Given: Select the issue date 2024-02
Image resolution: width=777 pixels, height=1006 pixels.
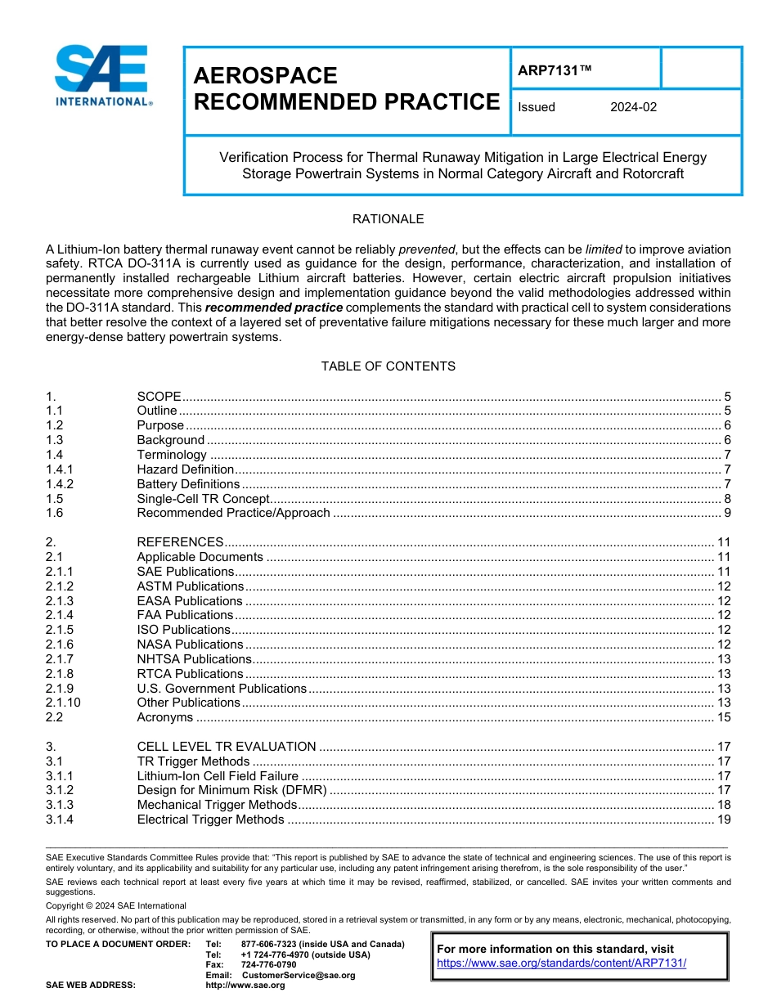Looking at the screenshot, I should click(x=633, y=107).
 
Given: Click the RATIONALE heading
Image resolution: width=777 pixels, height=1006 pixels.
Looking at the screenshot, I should click(x=388, y=219).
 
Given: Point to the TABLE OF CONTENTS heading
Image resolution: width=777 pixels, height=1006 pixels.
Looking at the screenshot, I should click(x=388, y=366).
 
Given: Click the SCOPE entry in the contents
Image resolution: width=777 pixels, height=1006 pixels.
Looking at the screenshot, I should click(x=159, y=396).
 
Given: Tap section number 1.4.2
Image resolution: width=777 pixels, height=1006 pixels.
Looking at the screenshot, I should click(x=60, y=484).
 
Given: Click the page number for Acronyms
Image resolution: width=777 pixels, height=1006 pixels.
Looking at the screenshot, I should click(x=723, y=717).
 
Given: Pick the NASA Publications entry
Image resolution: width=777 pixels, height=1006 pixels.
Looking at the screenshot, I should click(x=190, y=644).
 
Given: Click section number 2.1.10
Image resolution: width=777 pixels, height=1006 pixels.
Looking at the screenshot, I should click(x=63, y=703).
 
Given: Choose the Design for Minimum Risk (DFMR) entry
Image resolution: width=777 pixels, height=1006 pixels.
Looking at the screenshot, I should click(x=231, y=790).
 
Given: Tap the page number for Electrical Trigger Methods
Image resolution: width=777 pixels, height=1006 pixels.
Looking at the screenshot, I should click(x=723, y=820).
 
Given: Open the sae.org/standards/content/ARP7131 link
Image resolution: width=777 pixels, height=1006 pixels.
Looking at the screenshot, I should click(x=561, y=963).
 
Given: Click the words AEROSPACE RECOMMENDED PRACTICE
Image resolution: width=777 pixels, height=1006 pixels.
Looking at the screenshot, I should click(x=346, y=89).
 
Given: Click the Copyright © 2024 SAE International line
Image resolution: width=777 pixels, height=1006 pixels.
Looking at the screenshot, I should click(x=116, y=905).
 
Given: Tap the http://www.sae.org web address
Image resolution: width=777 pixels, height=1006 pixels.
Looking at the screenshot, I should click(x=245, y=985).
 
